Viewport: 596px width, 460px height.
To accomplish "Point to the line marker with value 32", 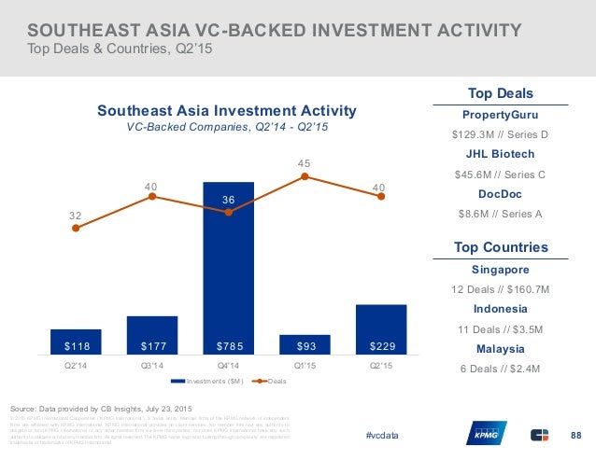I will [x=76, y=228].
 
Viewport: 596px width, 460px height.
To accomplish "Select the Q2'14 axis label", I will [x=76, y=367].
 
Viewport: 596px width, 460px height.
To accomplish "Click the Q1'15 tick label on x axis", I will [x=305, y=367].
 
